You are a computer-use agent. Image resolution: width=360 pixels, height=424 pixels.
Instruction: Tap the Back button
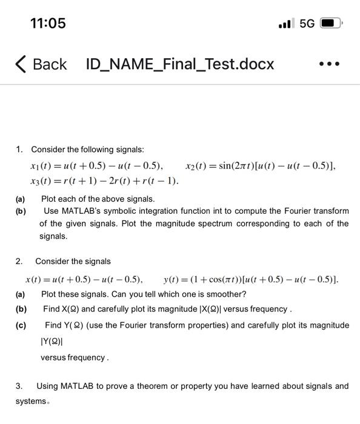pyautogui.click(x=41, y=64)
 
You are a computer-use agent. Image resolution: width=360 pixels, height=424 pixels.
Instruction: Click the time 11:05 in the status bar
pyautogui.click(x=48, y=23)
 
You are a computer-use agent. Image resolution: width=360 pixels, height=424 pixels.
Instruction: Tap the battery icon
pyautogui.click(x=332, y=24)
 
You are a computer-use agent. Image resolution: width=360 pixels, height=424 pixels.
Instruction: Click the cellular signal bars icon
pyautogui.click(x=286, y=24)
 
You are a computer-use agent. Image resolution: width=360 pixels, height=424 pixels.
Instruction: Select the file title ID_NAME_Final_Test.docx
pyautogui.click(x=180, y=64)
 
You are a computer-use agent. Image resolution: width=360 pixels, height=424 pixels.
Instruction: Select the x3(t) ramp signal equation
pyautogui.click(x=104, y=181)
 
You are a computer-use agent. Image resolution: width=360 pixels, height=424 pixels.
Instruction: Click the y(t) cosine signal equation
pyautogui.click(x=251, y=279)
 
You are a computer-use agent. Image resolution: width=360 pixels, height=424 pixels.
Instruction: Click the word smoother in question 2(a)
pyautogui.click(x=225, y=294)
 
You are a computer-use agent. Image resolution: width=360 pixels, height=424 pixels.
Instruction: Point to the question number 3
pyautogui.click(x=19, y=386)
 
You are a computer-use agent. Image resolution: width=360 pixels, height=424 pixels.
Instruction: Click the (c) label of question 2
pyautogui.click(x=21, y=325)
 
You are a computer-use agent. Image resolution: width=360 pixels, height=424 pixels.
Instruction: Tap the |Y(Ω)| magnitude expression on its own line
pyautogui.click(x=52, y=341)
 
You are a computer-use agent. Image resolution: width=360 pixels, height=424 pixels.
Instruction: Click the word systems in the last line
pyautogui.click(x=31, y=401)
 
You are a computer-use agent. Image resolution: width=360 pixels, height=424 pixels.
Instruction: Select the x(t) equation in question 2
pyautogui.click(x=84, y=279)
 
